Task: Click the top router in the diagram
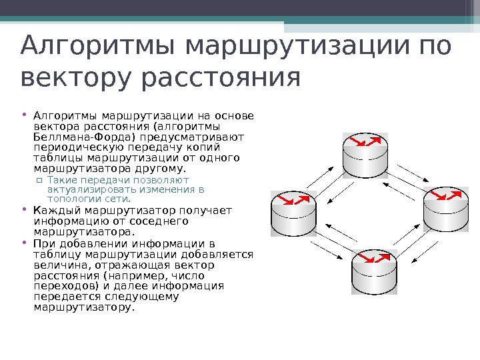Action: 365,153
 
